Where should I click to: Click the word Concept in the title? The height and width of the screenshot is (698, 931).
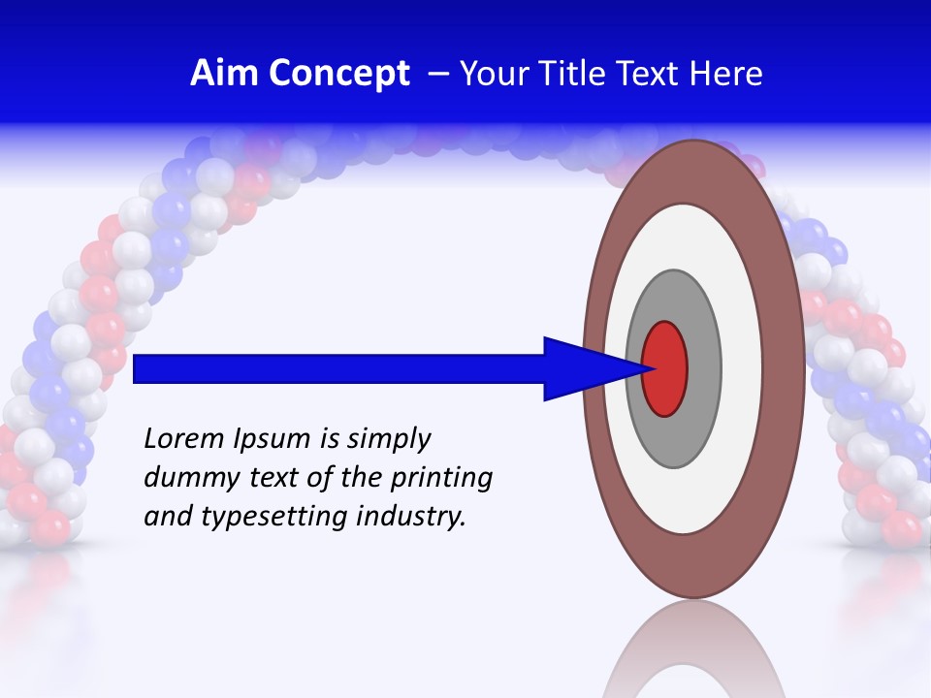[x=339, y=74]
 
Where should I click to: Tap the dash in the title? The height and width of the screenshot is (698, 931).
[x=437, y=75]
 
